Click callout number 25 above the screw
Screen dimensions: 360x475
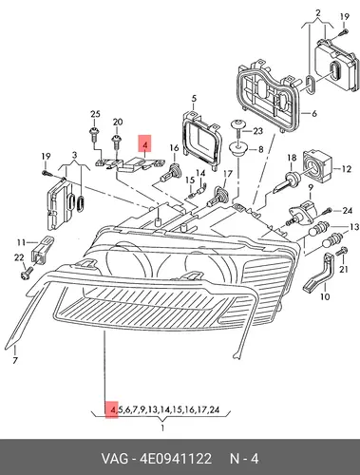(95, 114)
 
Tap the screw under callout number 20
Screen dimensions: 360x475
(116, 142)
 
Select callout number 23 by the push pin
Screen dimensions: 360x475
(258, 130)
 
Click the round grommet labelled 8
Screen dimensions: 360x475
(238, 149)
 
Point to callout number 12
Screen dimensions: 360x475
(347, 169)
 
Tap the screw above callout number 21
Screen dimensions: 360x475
(341, 252)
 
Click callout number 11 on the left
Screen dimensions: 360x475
(21, 243)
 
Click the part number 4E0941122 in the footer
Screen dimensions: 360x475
(175, 458)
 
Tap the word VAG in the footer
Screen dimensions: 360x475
(115, 458)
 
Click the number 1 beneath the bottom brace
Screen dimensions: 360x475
(162, 428)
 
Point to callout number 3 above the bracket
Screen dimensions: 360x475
(74, 155)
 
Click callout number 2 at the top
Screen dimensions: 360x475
(318, 13)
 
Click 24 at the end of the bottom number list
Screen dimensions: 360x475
(215, 409)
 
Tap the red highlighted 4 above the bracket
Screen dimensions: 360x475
(144, 145)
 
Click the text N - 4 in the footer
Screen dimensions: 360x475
(244, 458)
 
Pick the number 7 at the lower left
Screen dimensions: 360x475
(15, 360)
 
